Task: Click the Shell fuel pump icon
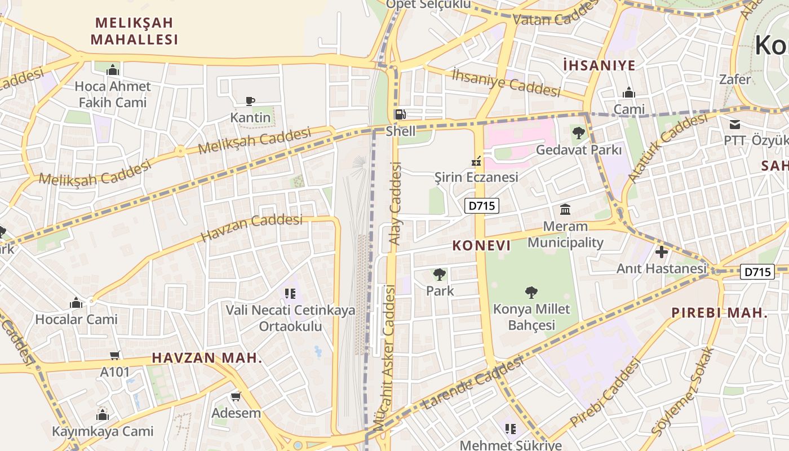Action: coord(400,114)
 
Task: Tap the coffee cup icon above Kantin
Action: coord(250,101)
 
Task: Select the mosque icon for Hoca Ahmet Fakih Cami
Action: coord(113,70)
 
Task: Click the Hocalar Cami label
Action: coord(76,319)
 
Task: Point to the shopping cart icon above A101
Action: coord(115,356)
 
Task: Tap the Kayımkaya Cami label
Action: coord(103,431)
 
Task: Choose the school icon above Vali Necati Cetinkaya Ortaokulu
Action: coord(290,293)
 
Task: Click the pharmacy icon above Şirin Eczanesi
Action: coord(476,162)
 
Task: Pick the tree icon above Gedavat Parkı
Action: coord(578,134)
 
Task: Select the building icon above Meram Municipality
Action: coord(565,210)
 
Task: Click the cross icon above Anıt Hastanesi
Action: coord(662,252)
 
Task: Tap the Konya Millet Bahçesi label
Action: coord(531,317)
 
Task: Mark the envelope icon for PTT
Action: coord(735,124)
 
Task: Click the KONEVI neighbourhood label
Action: coord(482,246)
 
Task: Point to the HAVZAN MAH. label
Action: coord(207,358)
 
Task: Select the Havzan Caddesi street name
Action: coord(251,228)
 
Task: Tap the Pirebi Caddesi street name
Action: coord(605,393)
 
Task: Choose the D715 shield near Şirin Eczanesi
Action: coord(482,206)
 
